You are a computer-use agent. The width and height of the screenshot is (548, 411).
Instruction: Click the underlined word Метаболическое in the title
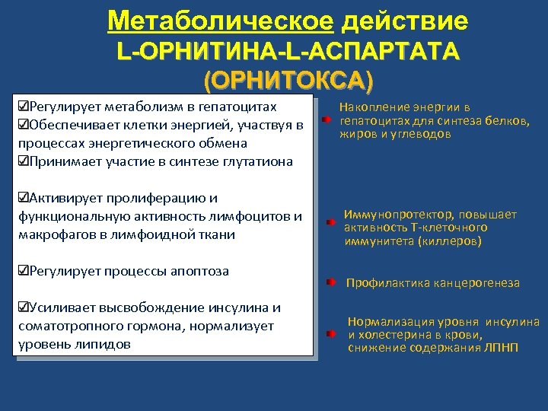[220, 21]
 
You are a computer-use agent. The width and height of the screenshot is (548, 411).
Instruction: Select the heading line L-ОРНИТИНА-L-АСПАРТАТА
[288, 51]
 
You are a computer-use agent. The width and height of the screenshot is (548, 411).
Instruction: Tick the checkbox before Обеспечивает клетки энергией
[22, 124]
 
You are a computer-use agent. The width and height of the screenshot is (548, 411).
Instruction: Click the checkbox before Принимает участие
[22, 161]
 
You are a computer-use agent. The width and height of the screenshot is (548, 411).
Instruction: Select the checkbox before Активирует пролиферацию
[22, 198]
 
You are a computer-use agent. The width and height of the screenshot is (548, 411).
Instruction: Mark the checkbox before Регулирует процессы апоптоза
[22, 271]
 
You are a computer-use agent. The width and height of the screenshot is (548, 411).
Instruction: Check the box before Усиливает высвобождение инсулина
[22, 308]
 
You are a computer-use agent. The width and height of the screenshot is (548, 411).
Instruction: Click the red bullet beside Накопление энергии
[325, 120]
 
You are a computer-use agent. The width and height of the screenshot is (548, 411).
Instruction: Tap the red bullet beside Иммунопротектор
[329, 222]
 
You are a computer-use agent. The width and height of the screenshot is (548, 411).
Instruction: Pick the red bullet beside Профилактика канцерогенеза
[330, 282]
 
